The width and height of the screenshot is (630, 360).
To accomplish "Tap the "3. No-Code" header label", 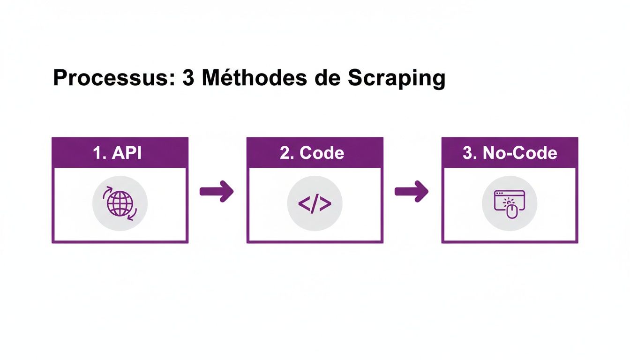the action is click(510, 153).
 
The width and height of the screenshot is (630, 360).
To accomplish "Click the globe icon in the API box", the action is click(120, 203).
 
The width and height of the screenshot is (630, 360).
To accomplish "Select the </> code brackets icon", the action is click(315, 203).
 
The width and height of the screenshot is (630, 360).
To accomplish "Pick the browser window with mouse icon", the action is click(510, 203).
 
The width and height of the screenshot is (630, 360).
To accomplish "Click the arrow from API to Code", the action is click(217, 191).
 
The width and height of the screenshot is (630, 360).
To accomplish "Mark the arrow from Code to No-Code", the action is click(412, 191).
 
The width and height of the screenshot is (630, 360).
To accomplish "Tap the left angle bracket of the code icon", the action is click(304, 203).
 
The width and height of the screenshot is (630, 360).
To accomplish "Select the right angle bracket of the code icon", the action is click(326, 203).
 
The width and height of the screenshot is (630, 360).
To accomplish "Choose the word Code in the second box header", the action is click(322, 153).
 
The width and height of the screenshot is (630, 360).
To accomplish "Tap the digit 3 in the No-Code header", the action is click(467, 153).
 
